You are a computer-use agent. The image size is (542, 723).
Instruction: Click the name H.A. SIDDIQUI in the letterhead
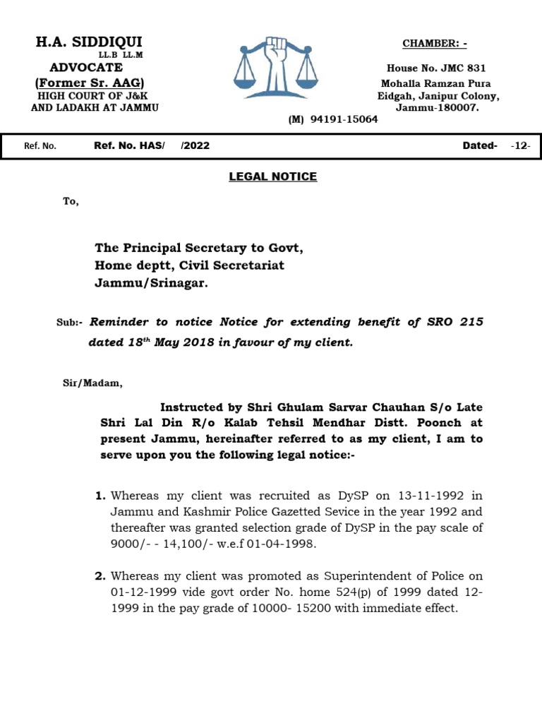(89, 42)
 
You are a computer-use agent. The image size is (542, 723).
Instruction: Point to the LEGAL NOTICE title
(272, 177)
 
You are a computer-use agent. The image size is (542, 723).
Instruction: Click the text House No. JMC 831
(435, 68)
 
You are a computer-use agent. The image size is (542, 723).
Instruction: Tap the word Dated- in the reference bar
(480, 146)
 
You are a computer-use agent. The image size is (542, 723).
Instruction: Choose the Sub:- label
(70, 323)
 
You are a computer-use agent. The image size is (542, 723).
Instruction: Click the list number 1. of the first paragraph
(100, 496)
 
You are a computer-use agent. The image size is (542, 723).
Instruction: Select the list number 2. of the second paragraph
(100, 576)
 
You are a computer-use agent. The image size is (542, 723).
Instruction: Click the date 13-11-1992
(402, 496)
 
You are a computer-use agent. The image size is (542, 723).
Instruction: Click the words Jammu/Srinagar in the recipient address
(152, 283)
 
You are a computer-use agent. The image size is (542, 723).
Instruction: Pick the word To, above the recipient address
(71, 202)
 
